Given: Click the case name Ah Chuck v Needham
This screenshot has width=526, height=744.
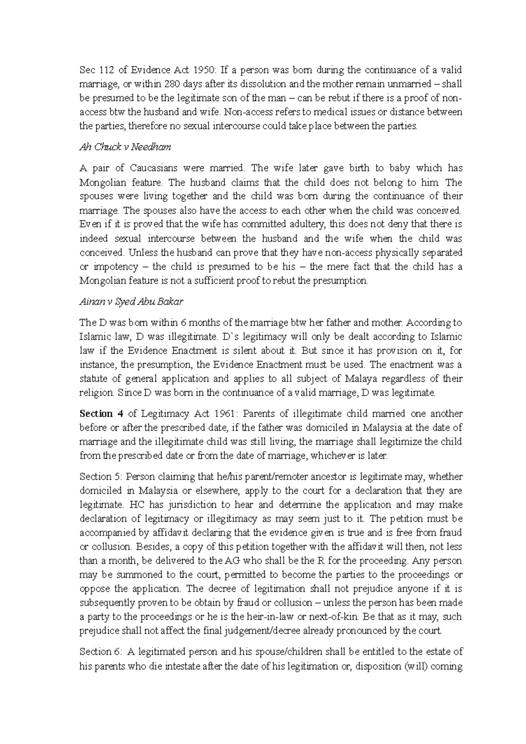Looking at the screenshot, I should (x=125, y=147).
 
